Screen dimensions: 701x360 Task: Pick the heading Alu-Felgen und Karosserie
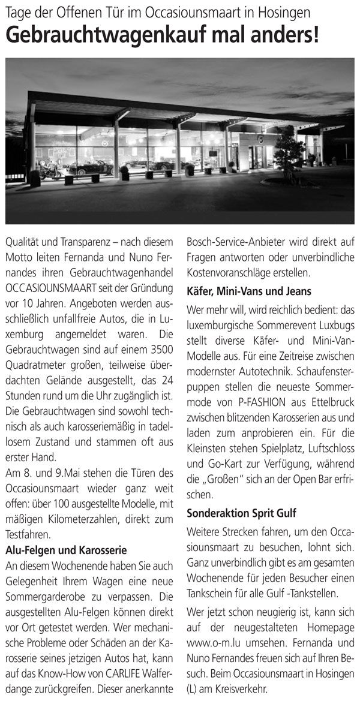tap(66, 549)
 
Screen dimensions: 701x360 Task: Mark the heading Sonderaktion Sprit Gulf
tap(240, 514)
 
